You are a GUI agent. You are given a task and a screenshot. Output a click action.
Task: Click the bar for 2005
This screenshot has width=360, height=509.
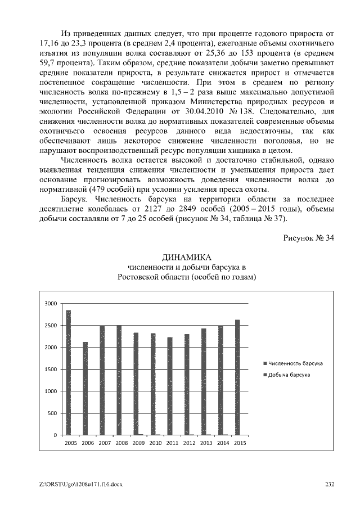click(69, 372)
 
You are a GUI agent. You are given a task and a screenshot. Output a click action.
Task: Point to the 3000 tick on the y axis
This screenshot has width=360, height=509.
click(51, 304)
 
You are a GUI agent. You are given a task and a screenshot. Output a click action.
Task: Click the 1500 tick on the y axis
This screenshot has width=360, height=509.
click(51, 370)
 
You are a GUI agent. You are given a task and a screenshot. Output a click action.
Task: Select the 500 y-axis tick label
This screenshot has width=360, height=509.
click(52, 413)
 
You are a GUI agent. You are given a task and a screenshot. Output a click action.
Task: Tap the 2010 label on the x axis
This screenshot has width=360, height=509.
click(155, 444)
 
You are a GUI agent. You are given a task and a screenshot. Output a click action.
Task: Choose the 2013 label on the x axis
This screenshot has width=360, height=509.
click(206, 444)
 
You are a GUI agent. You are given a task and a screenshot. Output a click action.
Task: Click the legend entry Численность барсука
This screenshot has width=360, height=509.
click(295, 363)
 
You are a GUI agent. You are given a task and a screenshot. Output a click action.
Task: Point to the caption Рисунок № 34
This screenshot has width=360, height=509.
click(308, 238)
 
